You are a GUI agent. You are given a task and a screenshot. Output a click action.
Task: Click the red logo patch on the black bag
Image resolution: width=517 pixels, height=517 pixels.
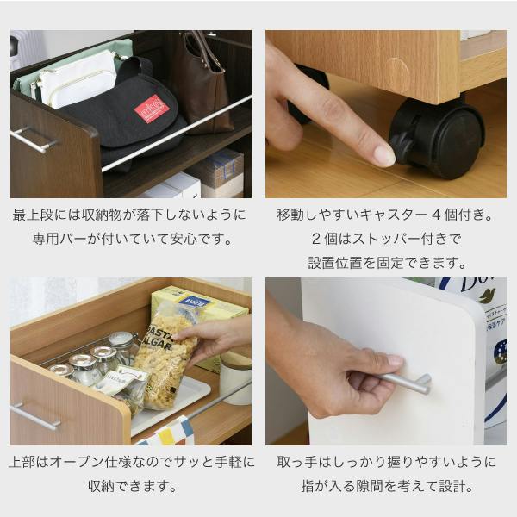tap(152, 109)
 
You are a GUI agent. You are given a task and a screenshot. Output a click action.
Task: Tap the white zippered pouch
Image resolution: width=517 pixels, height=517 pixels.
tap(78, 78)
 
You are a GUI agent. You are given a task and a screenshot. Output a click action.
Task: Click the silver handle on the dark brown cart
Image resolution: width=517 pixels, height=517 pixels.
tap(34, 140)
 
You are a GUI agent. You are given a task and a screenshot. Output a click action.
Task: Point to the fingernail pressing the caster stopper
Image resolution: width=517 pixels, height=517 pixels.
tap(384, 156)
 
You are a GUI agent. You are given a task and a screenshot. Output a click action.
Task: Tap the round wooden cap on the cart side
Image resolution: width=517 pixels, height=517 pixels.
tap(397, 75)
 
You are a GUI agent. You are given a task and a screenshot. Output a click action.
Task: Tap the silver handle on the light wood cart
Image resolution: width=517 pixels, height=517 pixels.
tap(35, 416)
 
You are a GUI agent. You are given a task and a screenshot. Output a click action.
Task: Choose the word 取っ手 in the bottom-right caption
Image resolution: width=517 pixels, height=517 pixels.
tap(298, 462)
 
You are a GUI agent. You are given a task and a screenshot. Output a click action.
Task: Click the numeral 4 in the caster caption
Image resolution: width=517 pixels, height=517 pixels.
tap(436, 215)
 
